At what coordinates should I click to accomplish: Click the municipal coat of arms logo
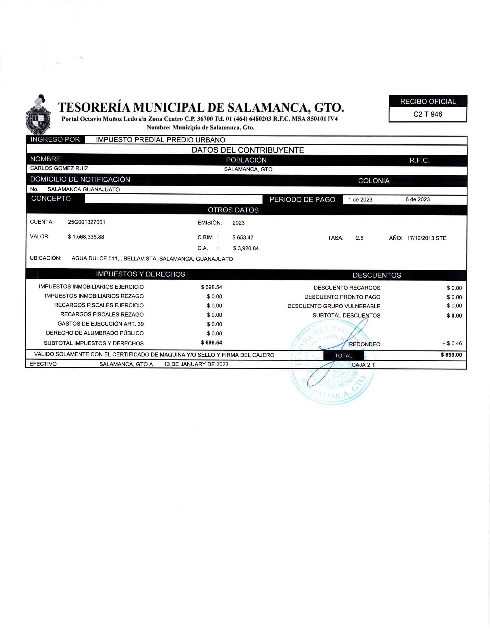38,115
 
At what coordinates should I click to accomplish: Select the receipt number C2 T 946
427,114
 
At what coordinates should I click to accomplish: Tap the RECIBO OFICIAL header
427,102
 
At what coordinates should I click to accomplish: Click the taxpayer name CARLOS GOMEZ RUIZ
59,168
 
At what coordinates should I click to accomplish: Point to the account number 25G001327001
86,222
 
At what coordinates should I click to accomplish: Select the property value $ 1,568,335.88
86,237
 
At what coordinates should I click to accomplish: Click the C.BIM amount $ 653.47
243,237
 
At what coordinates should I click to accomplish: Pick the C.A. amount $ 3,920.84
246,248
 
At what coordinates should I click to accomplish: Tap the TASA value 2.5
359,238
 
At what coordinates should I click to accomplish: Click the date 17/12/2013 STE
426,238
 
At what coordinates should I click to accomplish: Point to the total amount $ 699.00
451,355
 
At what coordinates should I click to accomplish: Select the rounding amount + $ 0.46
452,344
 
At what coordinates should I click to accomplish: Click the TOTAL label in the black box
343,356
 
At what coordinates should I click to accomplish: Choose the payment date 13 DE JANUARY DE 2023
196,364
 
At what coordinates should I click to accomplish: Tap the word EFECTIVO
43,364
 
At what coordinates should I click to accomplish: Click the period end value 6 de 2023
417,199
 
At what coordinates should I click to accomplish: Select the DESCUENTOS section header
377,275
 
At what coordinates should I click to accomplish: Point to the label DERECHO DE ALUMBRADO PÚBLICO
95,333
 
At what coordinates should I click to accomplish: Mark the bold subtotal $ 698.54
211,343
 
